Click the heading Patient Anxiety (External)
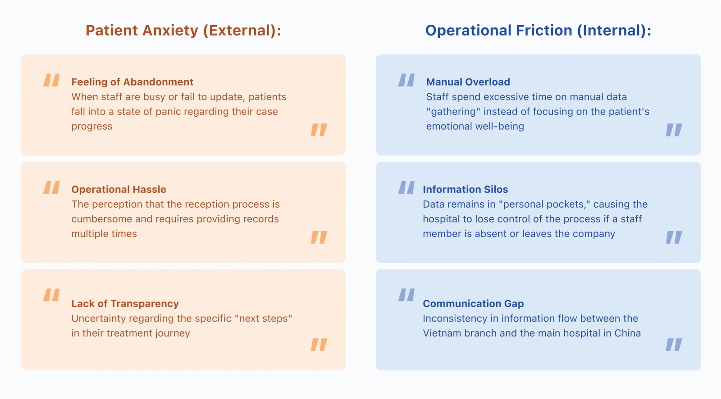point(183,31)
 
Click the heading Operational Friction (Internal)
point(538,31)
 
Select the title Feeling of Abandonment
point(132,82)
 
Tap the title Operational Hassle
point(119,189)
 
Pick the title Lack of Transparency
point(125,304)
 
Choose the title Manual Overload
point(468,82)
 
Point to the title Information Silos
point(465,189)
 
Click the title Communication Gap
point(473,304)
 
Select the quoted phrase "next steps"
point(263,318)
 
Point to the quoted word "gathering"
point(453,112)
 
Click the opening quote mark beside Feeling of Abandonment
point(51,80)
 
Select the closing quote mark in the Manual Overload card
point(674,130)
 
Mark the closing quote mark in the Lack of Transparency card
point(319,345)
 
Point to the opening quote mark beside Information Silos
point(406,187)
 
